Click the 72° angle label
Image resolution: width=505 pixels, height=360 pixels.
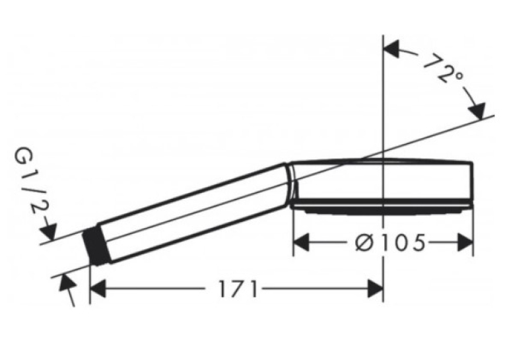(x=444, y=69)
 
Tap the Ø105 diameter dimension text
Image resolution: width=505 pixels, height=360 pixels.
(x=390, y=242)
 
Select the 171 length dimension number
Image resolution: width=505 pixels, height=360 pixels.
(x=238, y=289)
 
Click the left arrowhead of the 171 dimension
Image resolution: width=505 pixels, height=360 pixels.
(x=98, y=289)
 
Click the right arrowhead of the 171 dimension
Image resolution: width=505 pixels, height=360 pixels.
(x=376, y=289)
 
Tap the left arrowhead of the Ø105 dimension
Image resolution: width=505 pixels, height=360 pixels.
(x=301, y=242)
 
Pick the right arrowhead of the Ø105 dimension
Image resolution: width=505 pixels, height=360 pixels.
(x=465, y=242)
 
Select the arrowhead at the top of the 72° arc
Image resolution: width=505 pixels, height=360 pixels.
(x=391, y=50)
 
